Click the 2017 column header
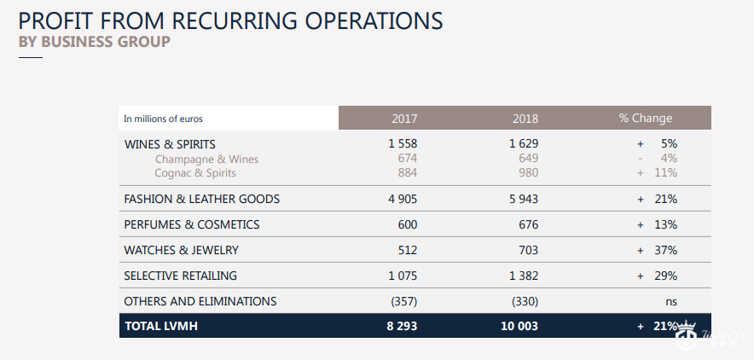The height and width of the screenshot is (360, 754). point(404,119)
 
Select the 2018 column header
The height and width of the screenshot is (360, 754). point(525,119)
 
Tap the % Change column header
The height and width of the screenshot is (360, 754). point(646,119)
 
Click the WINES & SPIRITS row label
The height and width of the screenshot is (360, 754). point(170,144)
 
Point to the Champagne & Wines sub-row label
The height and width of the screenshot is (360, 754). point(206,160)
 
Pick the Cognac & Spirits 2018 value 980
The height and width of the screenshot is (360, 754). point(528,173)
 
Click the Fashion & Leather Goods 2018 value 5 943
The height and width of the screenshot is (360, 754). point(524,199)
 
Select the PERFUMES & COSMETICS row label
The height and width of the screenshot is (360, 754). point(192,224)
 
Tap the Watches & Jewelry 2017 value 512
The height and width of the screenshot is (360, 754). point(407,250)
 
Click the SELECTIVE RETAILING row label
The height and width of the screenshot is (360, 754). point(181,276)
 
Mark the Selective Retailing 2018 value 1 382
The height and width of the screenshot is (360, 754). point(524,276)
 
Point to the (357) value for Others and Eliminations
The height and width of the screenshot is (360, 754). point(404,301)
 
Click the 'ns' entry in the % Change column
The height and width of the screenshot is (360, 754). point(671,301)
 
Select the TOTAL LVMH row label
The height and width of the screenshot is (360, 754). point(160,326)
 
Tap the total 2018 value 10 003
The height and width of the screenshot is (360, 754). point(520,326)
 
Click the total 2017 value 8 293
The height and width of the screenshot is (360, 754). point(401,326)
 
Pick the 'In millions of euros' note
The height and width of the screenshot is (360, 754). point(164,119)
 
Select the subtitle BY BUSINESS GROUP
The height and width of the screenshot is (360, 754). point(94,41)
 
